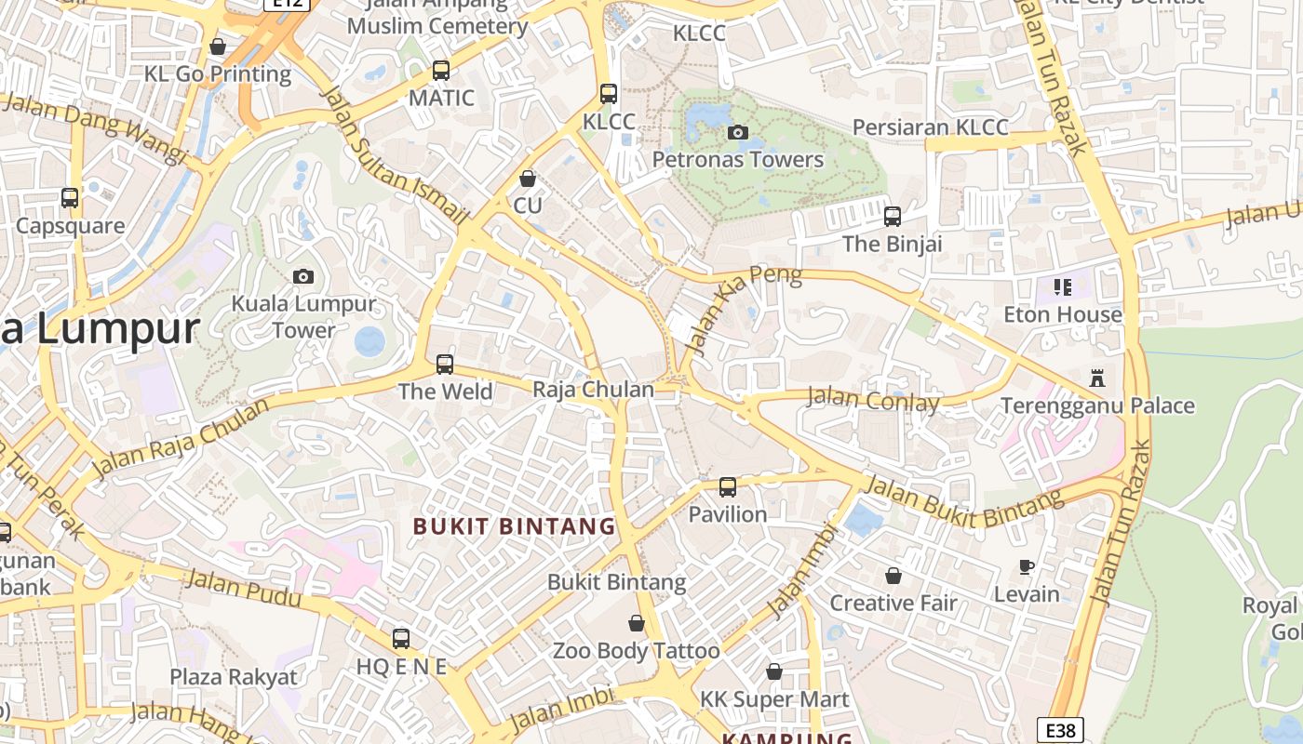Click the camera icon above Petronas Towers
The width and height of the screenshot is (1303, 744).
click(x=738, y=132)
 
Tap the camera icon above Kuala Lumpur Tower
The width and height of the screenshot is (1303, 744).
click(x=302, y=276)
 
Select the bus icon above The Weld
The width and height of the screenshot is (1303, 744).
click(x=445, y=364)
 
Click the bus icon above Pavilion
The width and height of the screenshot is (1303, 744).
click(x=728, y=486)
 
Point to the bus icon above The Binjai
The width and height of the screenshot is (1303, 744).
click(x=893, y=217)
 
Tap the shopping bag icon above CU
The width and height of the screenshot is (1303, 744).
click(x=528, y=179)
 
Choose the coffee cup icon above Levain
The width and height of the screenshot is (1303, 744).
click(x=1027, y=566)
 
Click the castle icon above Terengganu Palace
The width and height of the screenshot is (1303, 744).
click(x=1097, y=379)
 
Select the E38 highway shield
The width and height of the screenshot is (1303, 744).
click(x=1060, y=731)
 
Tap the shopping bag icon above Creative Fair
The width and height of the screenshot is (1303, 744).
click(x=893, y=576)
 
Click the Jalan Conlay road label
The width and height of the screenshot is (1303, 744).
click(x=873, y=400)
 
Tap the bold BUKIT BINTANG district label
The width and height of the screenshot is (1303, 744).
click(x=514, y=526)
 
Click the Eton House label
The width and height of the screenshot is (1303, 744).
click(x=1063, y=314)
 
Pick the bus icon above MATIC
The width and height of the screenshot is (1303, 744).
click(x=441, y=71)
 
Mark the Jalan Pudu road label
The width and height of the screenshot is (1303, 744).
click(x=244, y=588)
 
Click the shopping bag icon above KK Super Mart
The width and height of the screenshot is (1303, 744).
click(x=774, y=671)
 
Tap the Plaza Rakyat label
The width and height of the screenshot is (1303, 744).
click(x=234, y=676)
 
